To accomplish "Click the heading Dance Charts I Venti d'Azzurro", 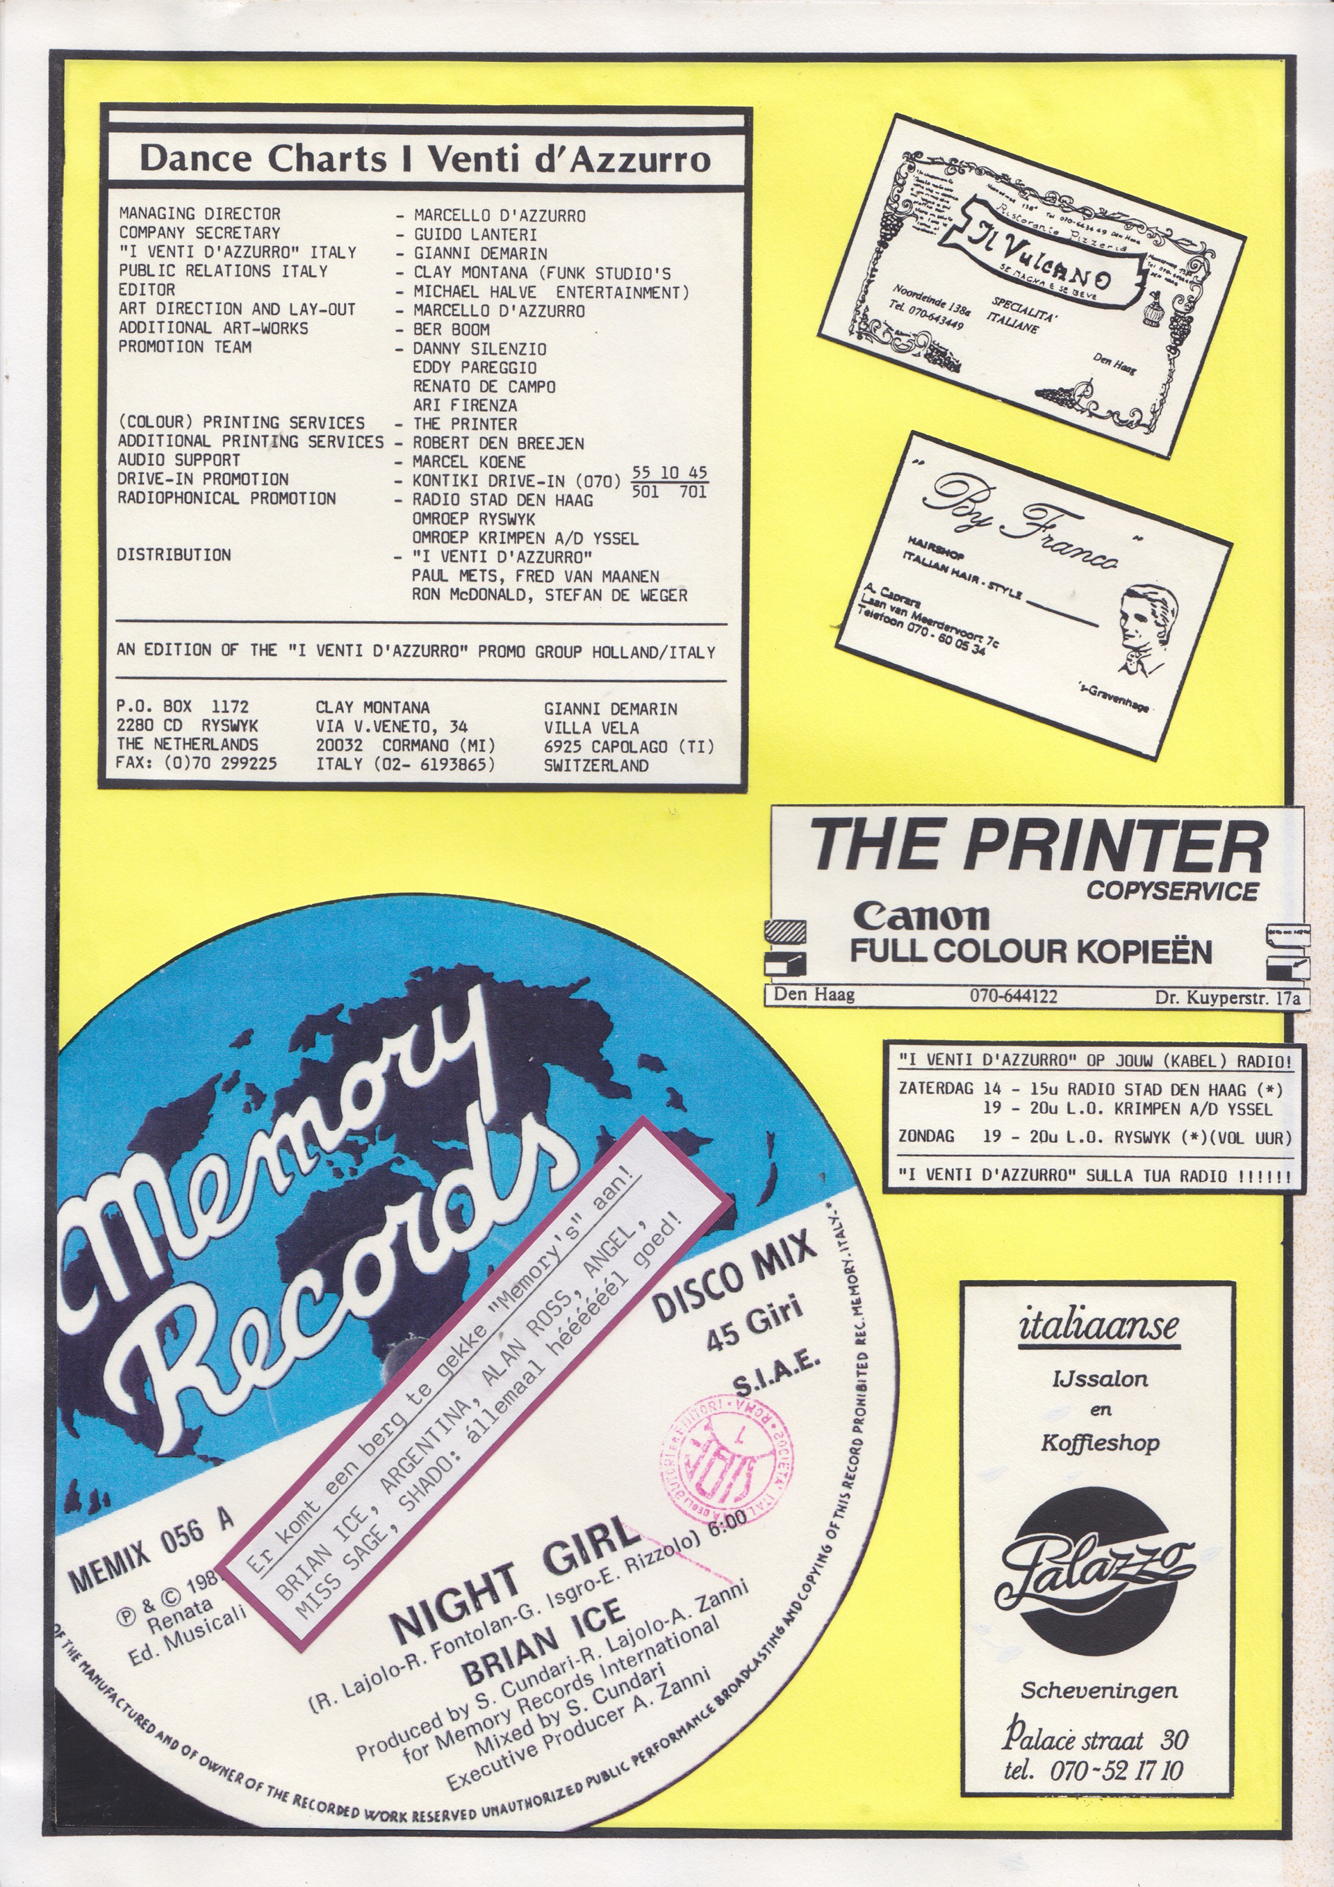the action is click(425, 158).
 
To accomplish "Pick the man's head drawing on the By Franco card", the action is click(1146, 615).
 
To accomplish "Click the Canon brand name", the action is click(921, 916).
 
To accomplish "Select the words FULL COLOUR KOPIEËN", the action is click(1030, 952).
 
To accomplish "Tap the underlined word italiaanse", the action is click(1098, 1326).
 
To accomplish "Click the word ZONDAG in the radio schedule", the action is click(925, 1137).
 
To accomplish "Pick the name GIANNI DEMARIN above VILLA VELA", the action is click(610, 709).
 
